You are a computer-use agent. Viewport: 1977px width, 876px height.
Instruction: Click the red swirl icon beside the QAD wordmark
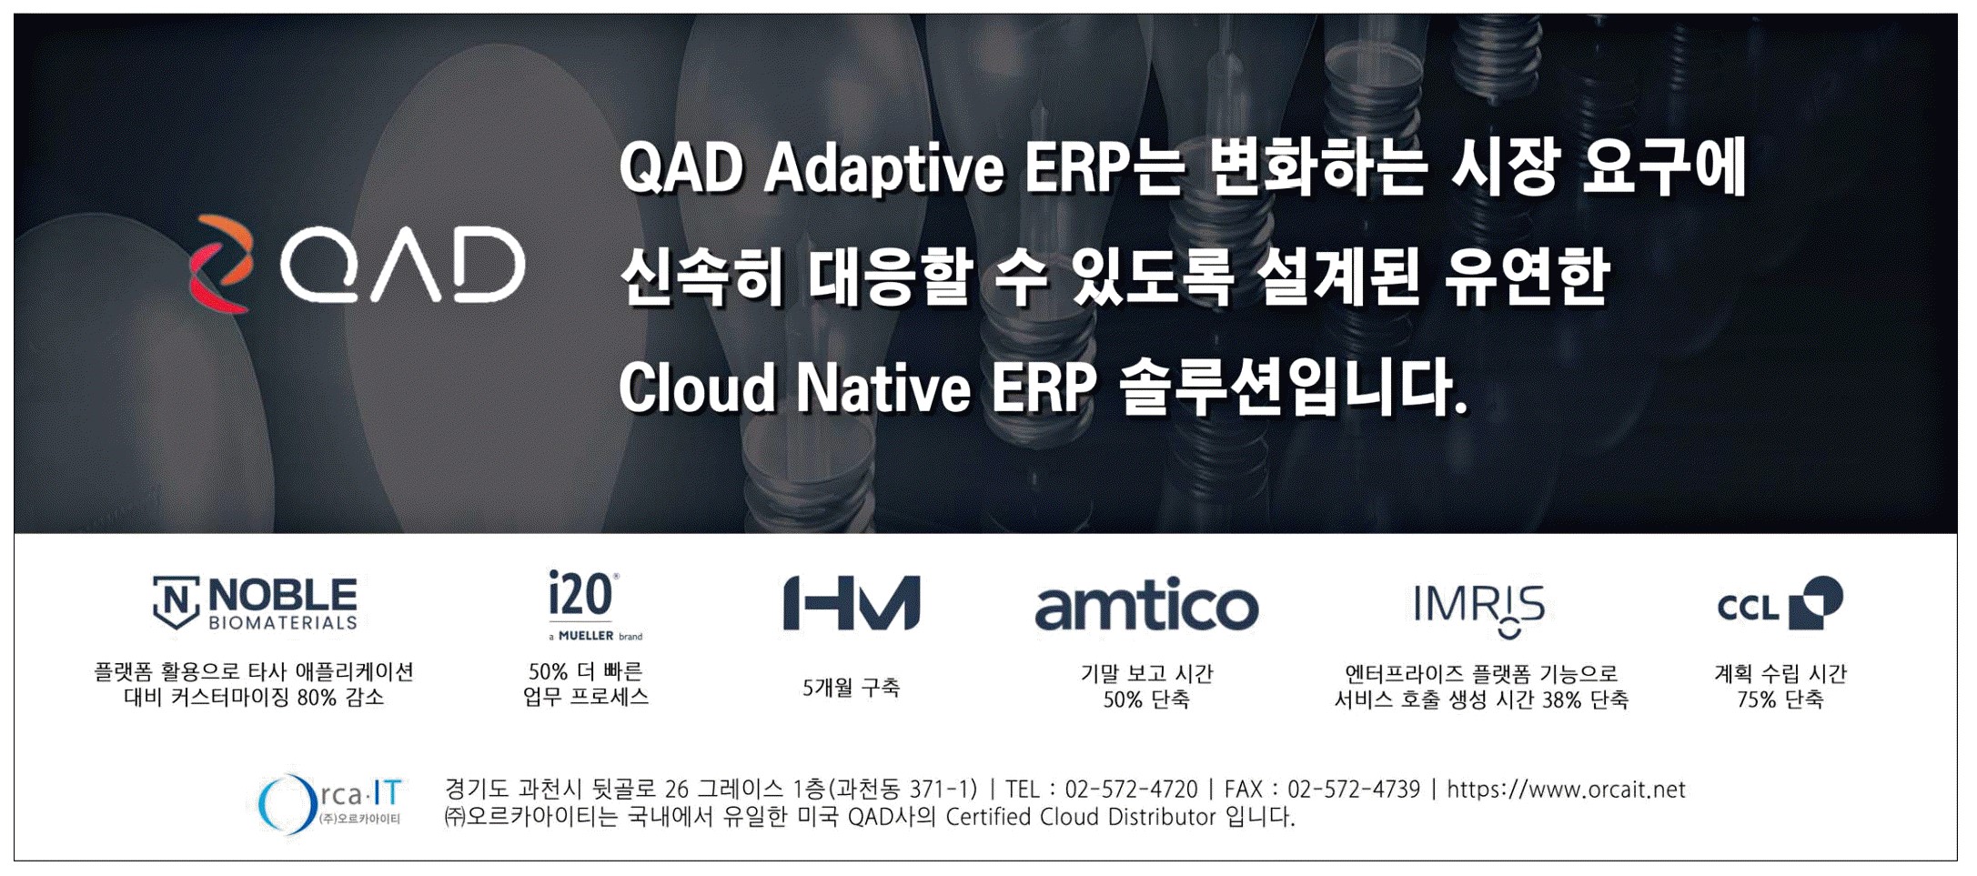(x=221, y=264)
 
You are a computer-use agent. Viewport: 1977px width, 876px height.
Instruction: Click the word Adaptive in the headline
(x=883, y=171)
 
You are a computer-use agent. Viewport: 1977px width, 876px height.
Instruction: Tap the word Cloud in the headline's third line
(x=696, y=388)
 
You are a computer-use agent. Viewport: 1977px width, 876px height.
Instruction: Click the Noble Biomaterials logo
(x=255, y=602)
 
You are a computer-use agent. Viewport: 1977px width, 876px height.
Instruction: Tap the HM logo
(x=852, y=602)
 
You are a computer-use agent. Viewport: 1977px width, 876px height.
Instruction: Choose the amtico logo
(x=1146, y=606)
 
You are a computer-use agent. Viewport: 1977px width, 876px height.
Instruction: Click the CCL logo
(x=1780, y=603)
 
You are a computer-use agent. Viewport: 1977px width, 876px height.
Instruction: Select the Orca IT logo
(x=329, y=803)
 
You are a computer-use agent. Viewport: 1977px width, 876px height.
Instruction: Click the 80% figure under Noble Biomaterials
(x=317, y=698)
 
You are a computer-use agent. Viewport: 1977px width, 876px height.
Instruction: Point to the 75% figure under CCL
(x=1756, y=700)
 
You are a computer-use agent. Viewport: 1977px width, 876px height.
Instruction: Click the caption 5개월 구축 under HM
(x=851, y=688)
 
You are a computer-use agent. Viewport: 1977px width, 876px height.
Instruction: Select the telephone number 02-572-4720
(x=1131, y=790)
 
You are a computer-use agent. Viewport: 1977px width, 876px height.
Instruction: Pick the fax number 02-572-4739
(x=1353, y=790)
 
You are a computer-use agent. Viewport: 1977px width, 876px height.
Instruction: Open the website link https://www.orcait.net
(x=1566, y=790)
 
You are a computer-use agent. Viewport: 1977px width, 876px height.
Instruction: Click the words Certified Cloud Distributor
(x=1081, y=817)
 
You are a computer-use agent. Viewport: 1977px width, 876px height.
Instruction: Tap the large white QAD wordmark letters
(x=402, y=264)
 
